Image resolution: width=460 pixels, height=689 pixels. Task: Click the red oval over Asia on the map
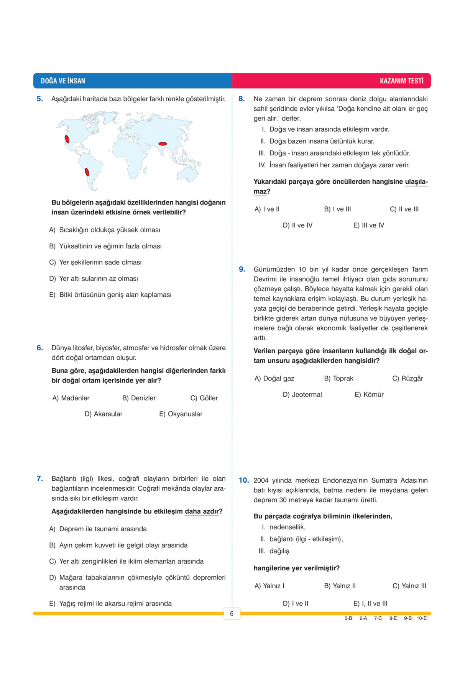coord(163,144)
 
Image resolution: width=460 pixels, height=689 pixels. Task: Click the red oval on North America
coord(67,139)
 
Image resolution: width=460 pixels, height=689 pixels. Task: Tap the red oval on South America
coord(87,172)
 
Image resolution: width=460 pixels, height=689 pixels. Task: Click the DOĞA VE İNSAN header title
coord(63,81)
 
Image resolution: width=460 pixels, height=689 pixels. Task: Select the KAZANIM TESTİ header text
coord(401,81)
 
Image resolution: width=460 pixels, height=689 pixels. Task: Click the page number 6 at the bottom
coord(232,614)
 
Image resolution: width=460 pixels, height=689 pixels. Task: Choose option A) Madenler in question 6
coord(71,398)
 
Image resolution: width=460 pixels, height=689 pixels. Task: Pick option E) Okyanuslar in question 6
coord(181,414)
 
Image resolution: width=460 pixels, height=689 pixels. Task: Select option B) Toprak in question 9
coord(338,378)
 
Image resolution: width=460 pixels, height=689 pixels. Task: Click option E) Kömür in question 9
coord(369,394)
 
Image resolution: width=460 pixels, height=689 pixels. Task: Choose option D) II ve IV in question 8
coord(297,225)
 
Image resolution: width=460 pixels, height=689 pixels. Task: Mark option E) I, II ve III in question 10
coord(370,603)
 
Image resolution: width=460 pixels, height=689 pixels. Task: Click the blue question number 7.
coord(39,478)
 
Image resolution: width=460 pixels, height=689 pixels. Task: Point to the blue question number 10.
coord(244,480)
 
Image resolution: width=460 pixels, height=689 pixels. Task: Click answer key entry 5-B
coord(348,618)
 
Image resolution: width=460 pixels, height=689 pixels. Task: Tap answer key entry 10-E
coord(421,618)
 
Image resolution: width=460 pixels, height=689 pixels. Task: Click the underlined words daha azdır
coord(202,511)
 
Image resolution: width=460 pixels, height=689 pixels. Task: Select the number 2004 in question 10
coord(261,480)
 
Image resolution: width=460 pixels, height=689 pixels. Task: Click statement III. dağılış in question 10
coord(274,551)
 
